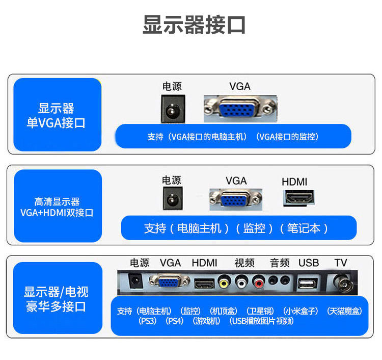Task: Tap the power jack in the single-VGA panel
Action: pos(172,109)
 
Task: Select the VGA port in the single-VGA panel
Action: pos(240,108)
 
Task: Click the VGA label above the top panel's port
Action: pos(240,86)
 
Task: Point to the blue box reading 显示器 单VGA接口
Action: pos(57,115)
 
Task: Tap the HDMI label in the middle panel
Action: pos(294,182)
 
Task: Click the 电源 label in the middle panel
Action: pos(172,180)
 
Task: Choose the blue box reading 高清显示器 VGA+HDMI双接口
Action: pos(57,207)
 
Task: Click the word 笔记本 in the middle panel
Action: pos(304,228)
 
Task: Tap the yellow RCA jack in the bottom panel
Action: pos(224,281)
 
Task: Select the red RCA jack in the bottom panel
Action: pos(259,281)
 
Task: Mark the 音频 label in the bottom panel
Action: pos(280,263)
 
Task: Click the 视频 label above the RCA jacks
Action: pos(244,263)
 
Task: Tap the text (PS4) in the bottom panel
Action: pos(175,321)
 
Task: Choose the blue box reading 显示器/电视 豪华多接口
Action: pos(56,299)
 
